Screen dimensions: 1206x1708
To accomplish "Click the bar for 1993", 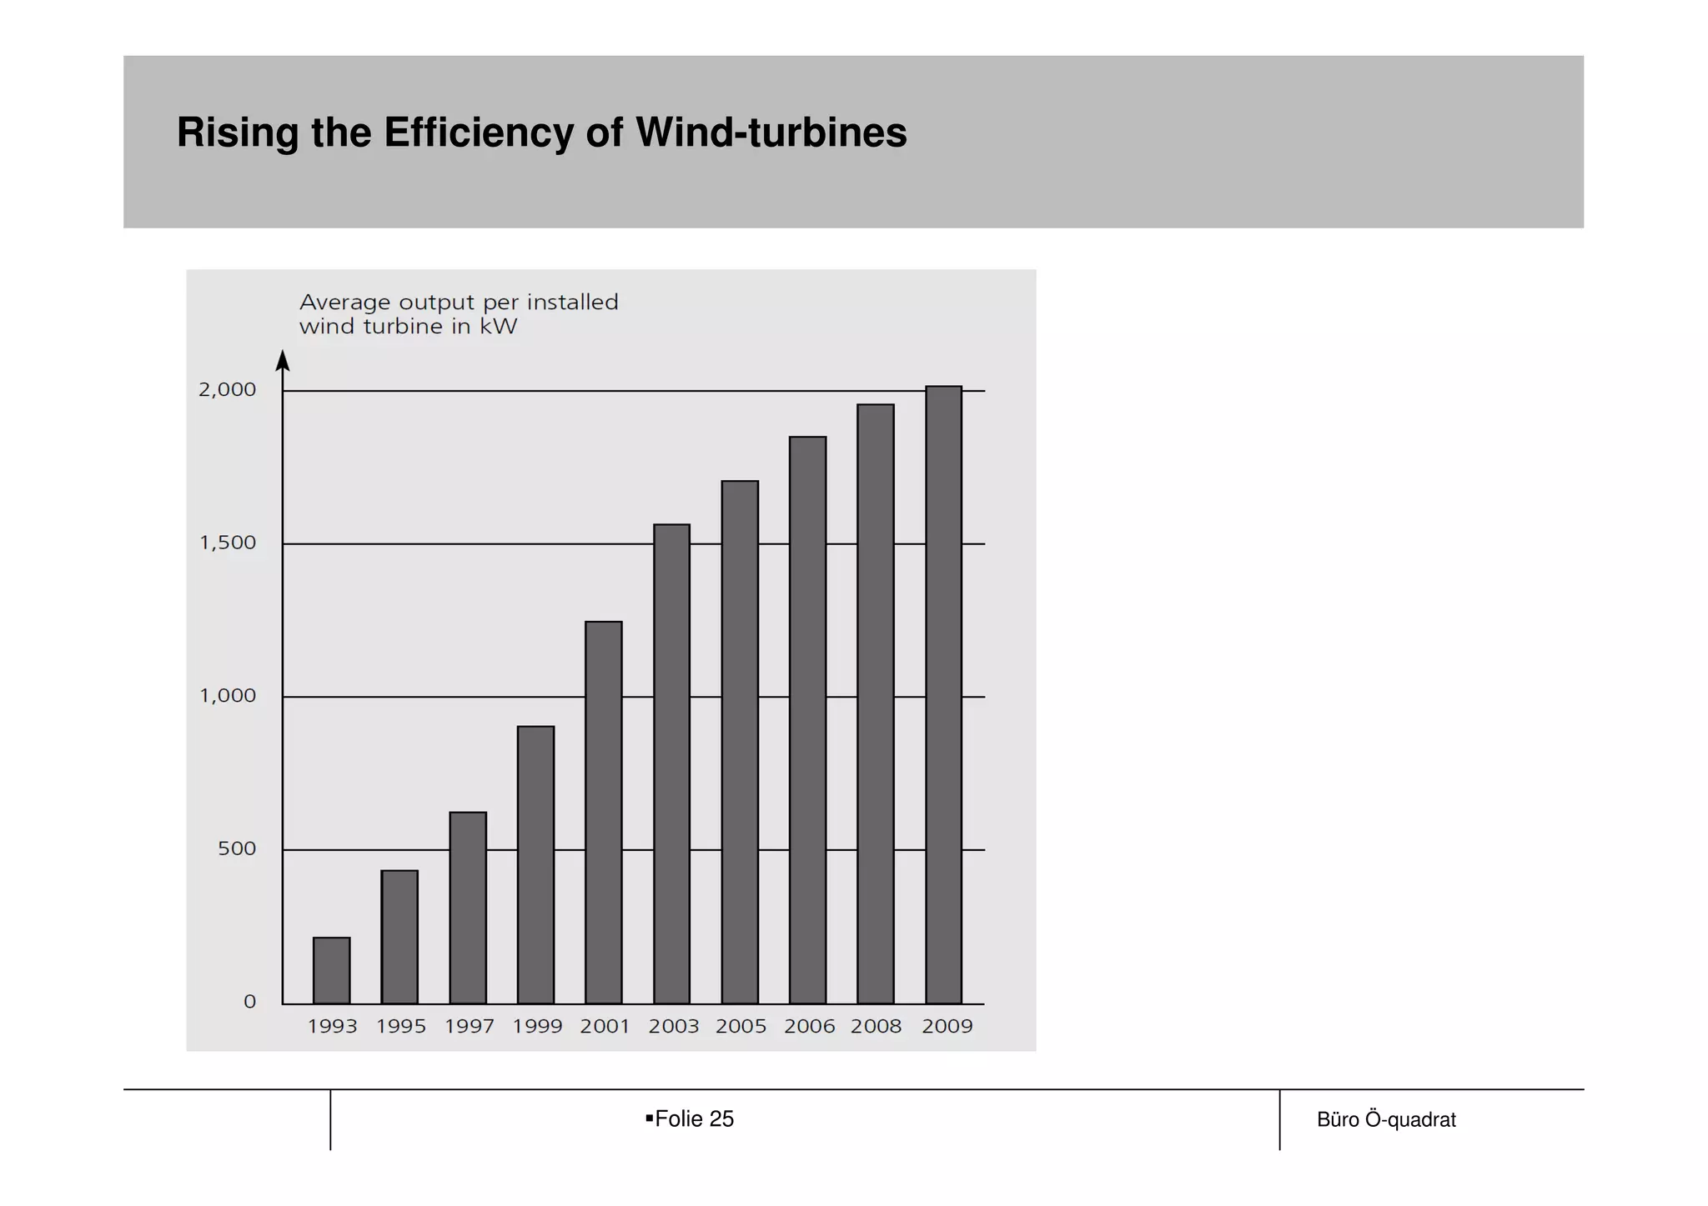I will [x=331, y=970].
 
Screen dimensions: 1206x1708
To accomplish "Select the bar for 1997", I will [x=468, y=908].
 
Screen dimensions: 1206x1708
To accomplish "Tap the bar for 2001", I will [x=604, y=812].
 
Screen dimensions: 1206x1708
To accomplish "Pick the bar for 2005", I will [x=740, y=742].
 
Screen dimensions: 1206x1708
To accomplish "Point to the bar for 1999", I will [x=535, y=864].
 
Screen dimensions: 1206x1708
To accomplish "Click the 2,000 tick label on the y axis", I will [x=227, y=390].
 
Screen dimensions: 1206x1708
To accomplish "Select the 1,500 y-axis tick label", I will [x=228, y=543].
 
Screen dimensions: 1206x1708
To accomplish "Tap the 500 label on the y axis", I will [x=237, y=849].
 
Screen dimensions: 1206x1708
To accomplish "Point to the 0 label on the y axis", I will [x=249, y=1002].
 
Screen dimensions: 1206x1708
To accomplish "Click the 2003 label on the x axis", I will [x=673, y=1027].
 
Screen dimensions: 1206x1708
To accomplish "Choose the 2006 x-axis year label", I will [x=809, y=1027].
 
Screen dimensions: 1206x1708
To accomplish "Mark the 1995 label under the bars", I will [x=400, y=1027].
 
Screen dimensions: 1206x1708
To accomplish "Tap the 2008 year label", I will [x=876, y=1027].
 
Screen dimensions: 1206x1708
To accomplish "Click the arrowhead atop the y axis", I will [x=283, y=360].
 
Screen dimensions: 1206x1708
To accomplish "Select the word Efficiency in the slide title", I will [x=479, y=133].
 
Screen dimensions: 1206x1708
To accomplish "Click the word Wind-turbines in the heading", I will [x=771, y=133].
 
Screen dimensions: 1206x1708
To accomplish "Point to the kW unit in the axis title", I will [x=498, y=327].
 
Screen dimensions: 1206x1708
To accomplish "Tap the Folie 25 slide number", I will [x=694, y=1119].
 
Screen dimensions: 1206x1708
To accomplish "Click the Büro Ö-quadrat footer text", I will [x=1386, y=1120].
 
